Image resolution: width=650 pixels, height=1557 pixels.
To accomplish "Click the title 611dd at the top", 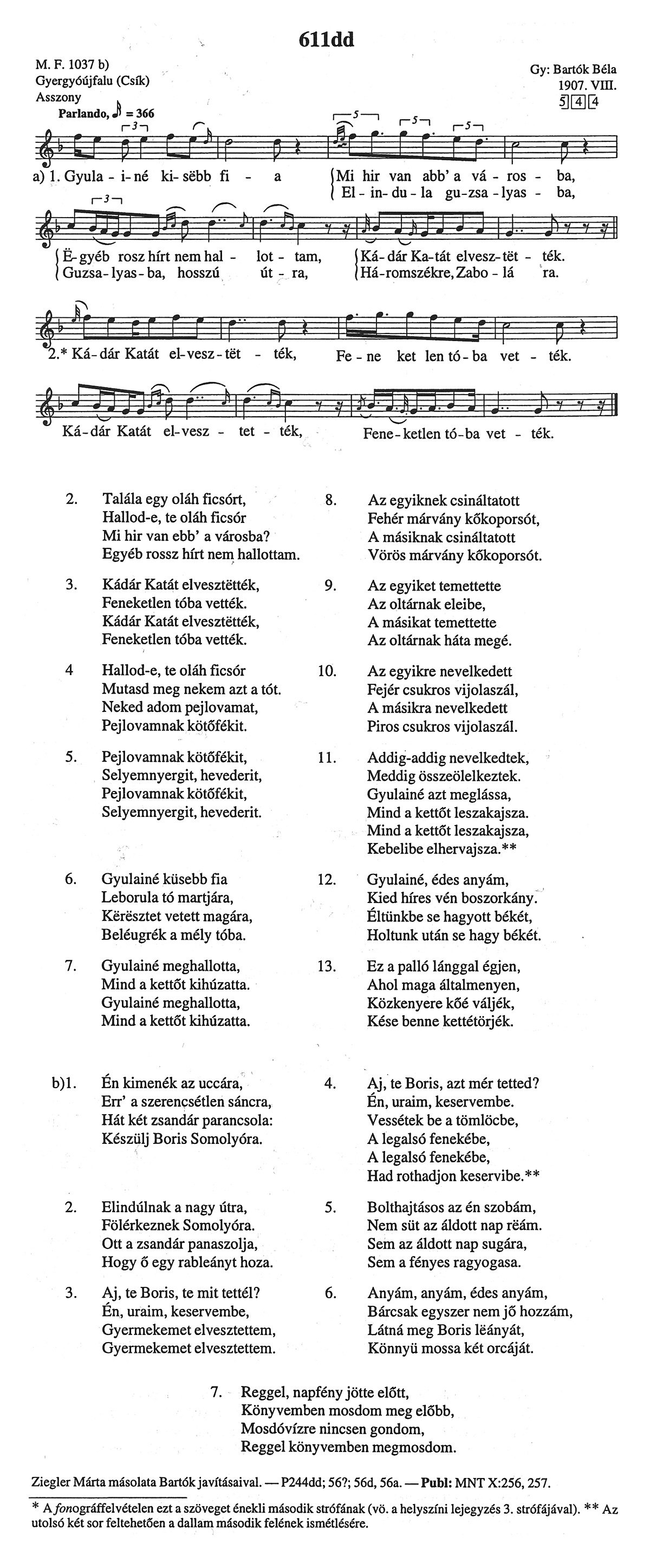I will click(326, 40).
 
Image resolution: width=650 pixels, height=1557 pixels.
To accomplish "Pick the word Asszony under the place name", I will click(58, 97).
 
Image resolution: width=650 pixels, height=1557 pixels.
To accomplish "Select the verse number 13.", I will click(327, 966).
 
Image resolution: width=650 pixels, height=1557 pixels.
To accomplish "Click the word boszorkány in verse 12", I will click(499, 898).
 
